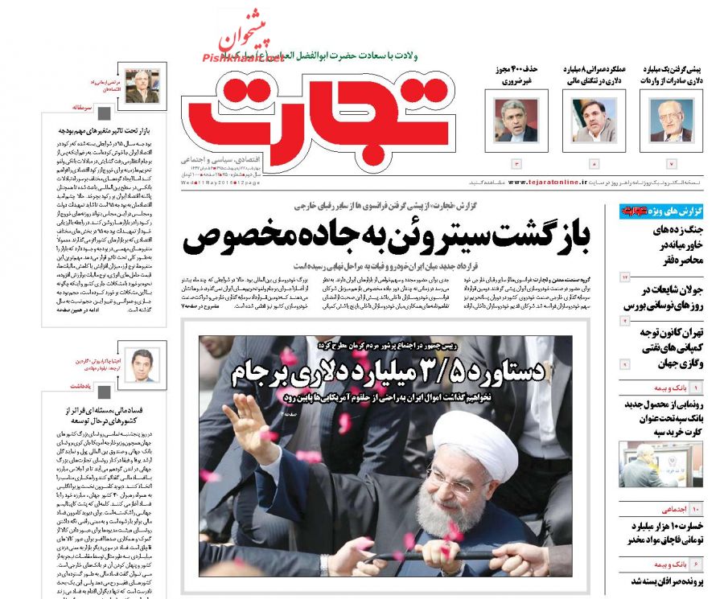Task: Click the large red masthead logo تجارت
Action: (x=314, y=117)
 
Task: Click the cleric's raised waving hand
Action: (x=244, y=418)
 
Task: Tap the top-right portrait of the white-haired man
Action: (x=671, y=121)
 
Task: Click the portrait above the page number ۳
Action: (x=516, y=121)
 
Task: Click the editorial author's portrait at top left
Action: (x=142, y=84)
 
